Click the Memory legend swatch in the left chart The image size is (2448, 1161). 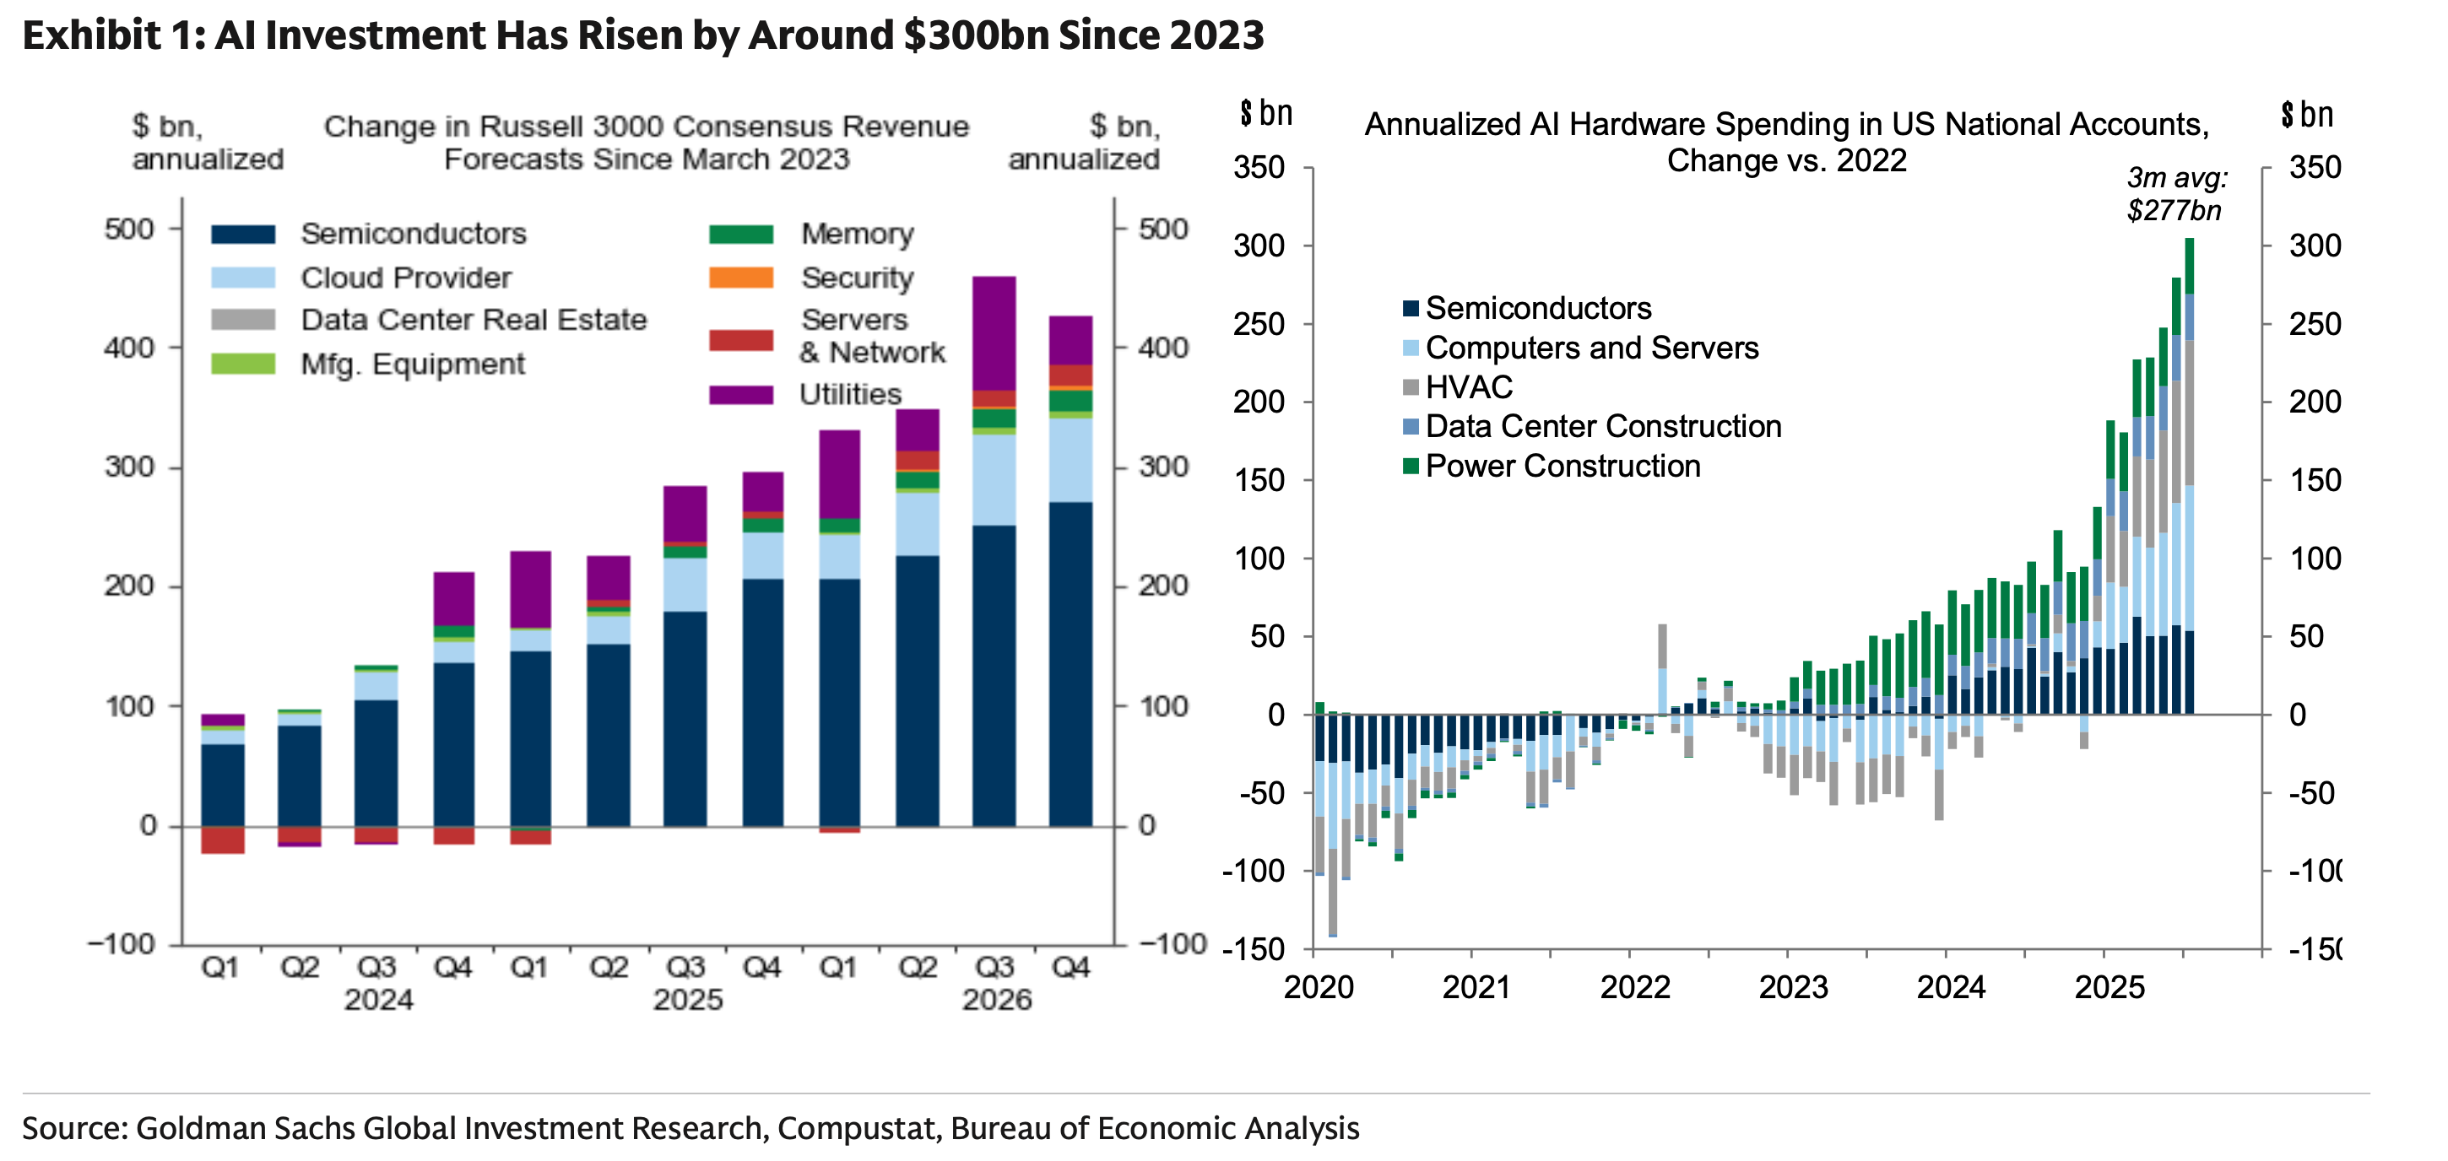pos(740,234)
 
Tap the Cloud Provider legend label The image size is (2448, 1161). pos(406,278)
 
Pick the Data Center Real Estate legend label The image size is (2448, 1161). pos(474,319)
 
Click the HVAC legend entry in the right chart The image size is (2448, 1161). pos(1468,387)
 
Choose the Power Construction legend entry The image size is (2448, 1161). pos(1562,467)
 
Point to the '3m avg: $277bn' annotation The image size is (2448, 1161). pos(2175,194)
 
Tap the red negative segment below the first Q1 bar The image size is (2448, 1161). pos(222,840)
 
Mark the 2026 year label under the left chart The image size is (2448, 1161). pos(996,1001)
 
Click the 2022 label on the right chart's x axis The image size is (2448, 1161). pos(1634,988)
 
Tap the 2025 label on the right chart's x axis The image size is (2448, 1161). pos(2109,988)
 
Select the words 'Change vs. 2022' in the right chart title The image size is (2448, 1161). pos(1786,160)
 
